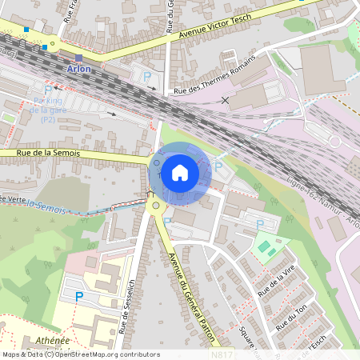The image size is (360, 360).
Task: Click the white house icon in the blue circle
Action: [180, 172]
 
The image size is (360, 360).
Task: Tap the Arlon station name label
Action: [79, 69]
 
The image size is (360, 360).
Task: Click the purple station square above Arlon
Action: [78, 58]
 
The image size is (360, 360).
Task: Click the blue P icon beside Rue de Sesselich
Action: [78, 297]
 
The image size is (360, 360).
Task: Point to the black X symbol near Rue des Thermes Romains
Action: [226, 100]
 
